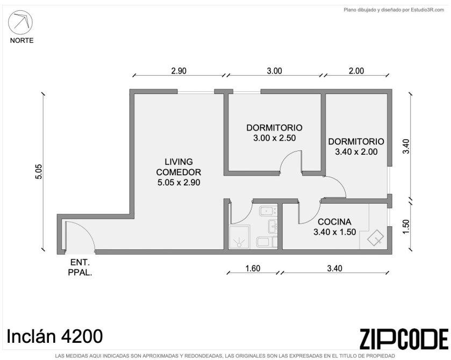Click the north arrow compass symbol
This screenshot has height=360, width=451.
(20, 23)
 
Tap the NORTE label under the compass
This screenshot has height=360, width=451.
(22, 40)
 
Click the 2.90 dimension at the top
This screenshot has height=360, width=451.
(179, 71)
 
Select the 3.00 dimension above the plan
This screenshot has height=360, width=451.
(274, 71)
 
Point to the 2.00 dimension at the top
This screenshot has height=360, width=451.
(356, 71)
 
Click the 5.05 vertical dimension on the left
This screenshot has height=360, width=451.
(39, 171)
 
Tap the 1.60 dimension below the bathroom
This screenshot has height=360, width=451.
(253, 268)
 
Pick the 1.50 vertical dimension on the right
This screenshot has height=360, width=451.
(405, 227)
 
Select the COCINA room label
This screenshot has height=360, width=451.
(334, 222)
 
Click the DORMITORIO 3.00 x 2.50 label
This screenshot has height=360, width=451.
(274, 133)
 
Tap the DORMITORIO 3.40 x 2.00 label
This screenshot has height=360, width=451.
(356, 146)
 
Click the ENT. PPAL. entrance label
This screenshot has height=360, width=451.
(80, 267)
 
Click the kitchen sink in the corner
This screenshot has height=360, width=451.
(375, 238)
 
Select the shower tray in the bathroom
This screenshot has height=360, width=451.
(239, 237)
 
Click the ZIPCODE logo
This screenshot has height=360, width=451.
(404, 339)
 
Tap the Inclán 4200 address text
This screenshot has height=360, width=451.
(55, 336)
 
